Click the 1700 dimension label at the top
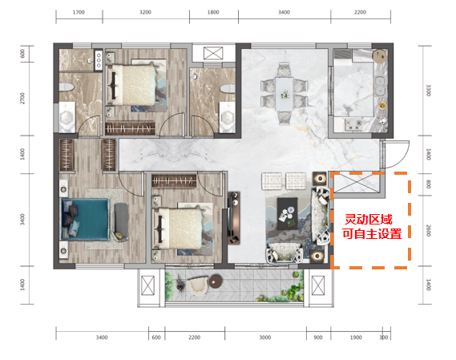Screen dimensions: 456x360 tap(79, 12)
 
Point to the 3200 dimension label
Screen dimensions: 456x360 tap(145, 12)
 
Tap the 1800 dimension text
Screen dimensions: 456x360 tap(213, 12)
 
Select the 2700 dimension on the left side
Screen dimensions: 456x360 tap(22, 99)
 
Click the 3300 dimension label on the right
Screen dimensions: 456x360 tap(429, 91)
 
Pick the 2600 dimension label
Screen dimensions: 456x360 tap(429, 230)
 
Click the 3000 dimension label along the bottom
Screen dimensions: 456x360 tap(265, 338)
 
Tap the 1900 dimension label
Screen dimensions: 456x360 tap(356, 338)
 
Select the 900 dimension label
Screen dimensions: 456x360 tap(318, 338)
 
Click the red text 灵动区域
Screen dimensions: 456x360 tap(369, 220)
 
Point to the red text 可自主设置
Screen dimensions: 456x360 tap(372, 233)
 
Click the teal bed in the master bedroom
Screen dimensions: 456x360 tap(85, 219)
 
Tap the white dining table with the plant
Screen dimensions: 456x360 tap(284, 94)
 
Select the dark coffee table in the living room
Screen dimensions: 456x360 tap(288, 213)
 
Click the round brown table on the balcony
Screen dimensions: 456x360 tap(216, 281)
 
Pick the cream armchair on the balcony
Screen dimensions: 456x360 tap(197, 285)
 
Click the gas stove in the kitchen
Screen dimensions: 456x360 tap(353, 124)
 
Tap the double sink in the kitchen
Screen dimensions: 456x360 tap(380, 86)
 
